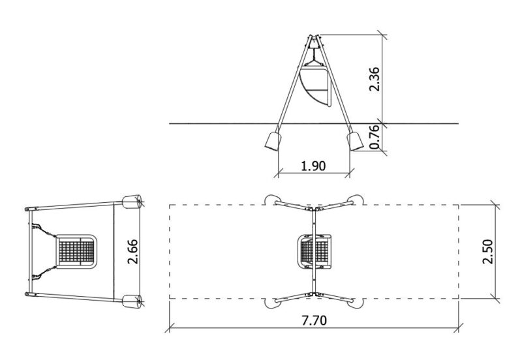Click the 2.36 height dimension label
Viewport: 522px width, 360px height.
(x=374, y=79)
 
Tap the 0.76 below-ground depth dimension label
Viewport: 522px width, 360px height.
(x=374, y=137)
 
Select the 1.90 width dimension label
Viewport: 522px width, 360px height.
(x=313, y=166)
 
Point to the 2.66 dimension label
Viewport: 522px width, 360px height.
(x=132, y=252)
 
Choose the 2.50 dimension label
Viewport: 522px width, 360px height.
(x=487, y=252)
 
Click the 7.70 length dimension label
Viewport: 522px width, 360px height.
(x=315, y=320)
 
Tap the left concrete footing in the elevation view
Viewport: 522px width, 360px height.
(x=273, y=141)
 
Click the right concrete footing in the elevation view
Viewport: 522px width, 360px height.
(x=355, y=141)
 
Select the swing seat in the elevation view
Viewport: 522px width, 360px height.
(x=315, y=87)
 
